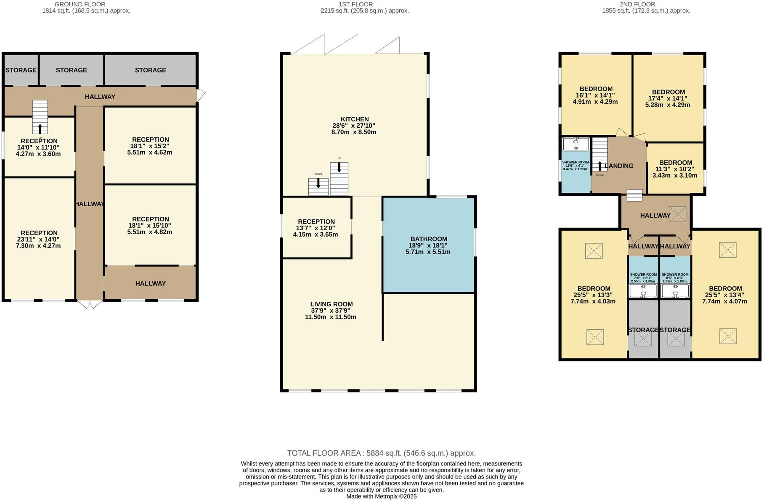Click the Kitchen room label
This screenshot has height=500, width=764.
pos(354,119)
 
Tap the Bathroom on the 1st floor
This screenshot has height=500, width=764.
pos(428,245)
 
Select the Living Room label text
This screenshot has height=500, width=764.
pos(331,304)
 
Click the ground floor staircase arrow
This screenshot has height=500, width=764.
pos(40,128)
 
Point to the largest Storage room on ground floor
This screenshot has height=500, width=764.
pos(150,70)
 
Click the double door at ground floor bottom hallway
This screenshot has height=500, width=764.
pos(90,304)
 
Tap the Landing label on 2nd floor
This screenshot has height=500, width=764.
pos(619,166)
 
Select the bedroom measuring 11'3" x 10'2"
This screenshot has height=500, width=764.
pos(675,168)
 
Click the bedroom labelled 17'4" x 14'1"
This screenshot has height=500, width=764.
pos(668,98)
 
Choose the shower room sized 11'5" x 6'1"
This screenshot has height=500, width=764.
pos(575,166)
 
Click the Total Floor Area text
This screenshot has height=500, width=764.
pos(381,453)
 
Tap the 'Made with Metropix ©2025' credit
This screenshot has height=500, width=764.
pos(381,496)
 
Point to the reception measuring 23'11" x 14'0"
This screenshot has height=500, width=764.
pos(39,239)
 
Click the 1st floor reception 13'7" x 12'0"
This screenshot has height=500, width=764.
pos(316,227)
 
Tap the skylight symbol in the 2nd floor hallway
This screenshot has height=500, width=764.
pos(677,214)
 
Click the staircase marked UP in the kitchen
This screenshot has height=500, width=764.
pos(339,179)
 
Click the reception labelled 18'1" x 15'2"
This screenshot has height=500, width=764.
pos(150,145)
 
